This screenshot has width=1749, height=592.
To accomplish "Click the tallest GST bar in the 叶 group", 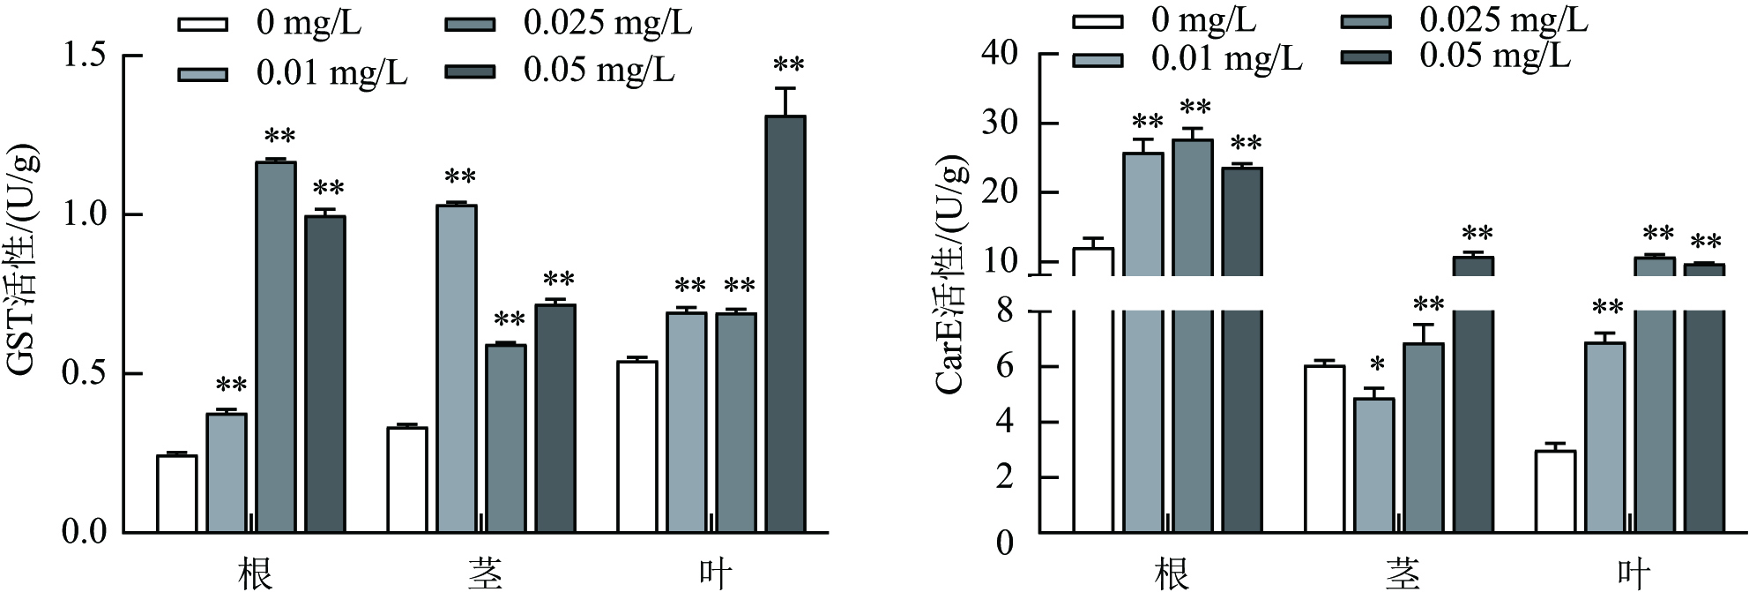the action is (785, 324).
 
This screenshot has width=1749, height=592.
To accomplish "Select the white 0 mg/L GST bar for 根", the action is (176, 494).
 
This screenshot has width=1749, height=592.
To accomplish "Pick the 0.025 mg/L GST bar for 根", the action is (276, 347).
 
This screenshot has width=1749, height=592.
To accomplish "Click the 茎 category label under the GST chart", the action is (485, 573).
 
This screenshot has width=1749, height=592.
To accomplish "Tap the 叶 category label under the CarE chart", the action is (1633, 574).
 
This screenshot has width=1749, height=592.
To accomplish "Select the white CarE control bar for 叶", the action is (1555, 491).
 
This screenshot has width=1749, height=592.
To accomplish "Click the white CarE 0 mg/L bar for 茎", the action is (1324, 449).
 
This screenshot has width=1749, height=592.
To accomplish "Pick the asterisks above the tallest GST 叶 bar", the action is (788, 65).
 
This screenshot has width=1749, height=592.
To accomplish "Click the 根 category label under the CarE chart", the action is (1171, 574).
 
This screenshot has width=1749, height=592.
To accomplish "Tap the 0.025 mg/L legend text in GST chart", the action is (607, 22).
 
